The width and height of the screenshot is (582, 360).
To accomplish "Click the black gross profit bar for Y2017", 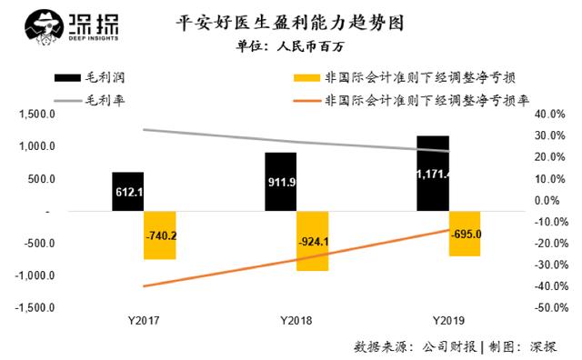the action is point(127,192).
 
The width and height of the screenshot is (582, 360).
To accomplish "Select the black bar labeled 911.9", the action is point(281,182).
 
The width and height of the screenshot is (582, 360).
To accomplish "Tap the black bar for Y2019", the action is point(433,174).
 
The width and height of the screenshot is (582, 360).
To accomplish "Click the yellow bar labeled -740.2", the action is point(160,235).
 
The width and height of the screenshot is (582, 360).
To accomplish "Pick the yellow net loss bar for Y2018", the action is point(313,241).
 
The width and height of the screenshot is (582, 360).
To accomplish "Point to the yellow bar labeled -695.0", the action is point(465,234).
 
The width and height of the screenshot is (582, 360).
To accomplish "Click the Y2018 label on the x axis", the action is point(296,321).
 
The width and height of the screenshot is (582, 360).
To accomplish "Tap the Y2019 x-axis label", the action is point(448,321).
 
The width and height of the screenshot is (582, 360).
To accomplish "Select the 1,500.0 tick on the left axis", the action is point(36,114).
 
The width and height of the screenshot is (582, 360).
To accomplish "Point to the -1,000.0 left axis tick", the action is point(35,275).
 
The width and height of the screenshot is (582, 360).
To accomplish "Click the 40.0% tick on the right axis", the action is point(549,114).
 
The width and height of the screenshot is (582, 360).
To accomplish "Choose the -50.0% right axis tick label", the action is point(551,307).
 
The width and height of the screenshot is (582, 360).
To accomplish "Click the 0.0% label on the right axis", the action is point(547,200).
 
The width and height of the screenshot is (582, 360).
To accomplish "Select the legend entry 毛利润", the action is point(89,77).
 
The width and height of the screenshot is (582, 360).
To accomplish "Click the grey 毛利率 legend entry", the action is point(89,100).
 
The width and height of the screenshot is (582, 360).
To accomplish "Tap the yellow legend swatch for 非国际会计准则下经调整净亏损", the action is point(306,78).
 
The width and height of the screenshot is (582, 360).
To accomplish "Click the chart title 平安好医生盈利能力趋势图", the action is point(289,24).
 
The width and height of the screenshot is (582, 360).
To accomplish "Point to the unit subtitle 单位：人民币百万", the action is point(290,46).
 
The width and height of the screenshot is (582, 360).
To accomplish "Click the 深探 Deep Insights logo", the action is point(72,27).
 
